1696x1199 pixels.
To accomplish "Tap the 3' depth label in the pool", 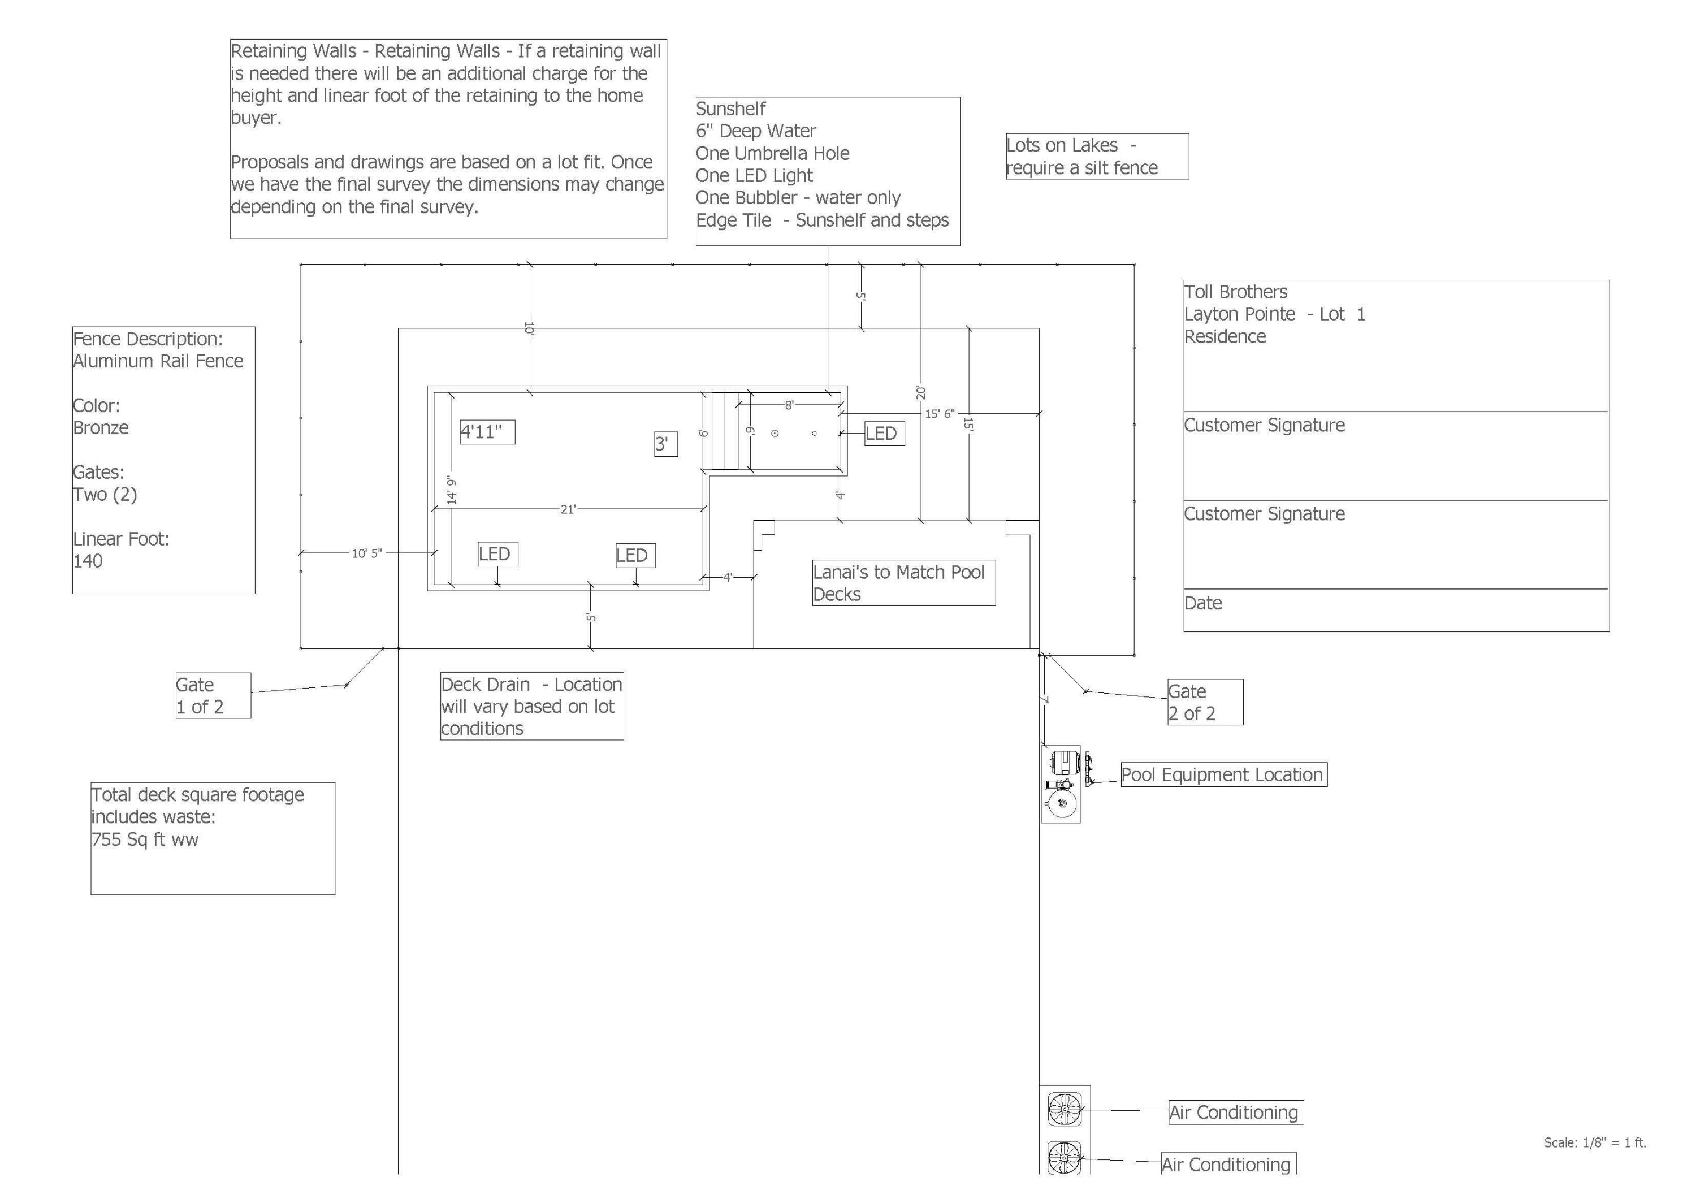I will coord(665,444).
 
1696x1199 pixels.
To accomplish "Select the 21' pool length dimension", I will coord(567,509).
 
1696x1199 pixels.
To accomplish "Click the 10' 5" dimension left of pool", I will coord(366,553).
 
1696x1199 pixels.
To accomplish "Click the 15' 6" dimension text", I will coord(940,414).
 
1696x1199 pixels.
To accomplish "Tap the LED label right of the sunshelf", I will coord(884,434).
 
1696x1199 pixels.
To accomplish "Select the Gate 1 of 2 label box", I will coord(213,696).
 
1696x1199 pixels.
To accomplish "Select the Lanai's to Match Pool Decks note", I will coord(903,583).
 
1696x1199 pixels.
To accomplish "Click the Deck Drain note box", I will coord(531,706).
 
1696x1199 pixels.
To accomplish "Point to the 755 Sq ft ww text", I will coord(145,839).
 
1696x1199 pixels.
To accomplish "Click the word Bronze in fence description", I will coord(101,428).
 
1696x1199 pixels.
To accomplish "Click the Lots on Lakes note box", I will coord(1096,157).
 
